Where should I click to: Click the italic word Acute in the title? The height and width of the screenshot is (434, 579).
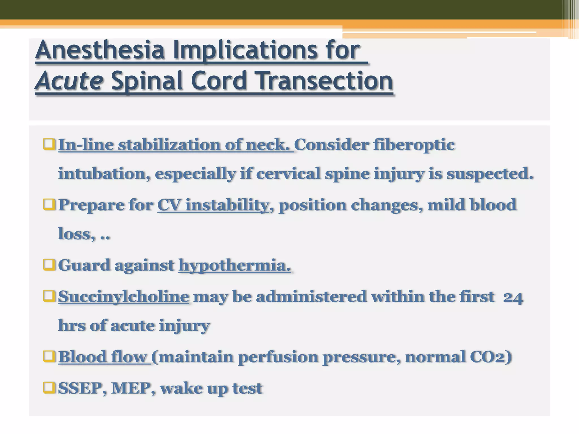click(x=69, y=81)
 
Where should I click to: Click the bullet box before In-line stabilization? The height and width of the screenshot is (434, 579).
click(x=49, y=144)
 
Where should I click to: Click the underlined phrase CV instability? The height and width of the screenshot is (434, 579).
click(x=213, y=205)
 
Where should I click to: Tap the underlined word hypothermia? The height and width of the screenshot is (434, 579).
click(x=235, y=265)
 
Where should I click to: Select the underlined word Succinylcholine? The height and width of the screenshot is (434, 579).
click(x=124, y=297)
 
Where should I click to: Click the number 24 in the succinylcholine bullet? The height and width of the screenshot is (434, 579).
click(x=513, y=298)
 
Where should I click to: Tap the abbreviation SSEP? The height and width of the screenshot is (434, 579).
click(x=82, y=388)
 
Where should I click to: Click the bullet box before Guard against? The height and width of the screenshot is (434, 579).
click(x=49, y=265)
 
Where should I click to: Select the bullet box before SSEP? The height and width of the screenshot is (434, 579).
click(x=49, y=388)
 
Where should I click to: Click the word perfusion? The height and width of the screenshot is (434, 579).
click(x=278, y=357)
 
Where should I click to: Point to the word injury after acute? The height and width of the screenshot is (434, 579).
click(x=184, y=326)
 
